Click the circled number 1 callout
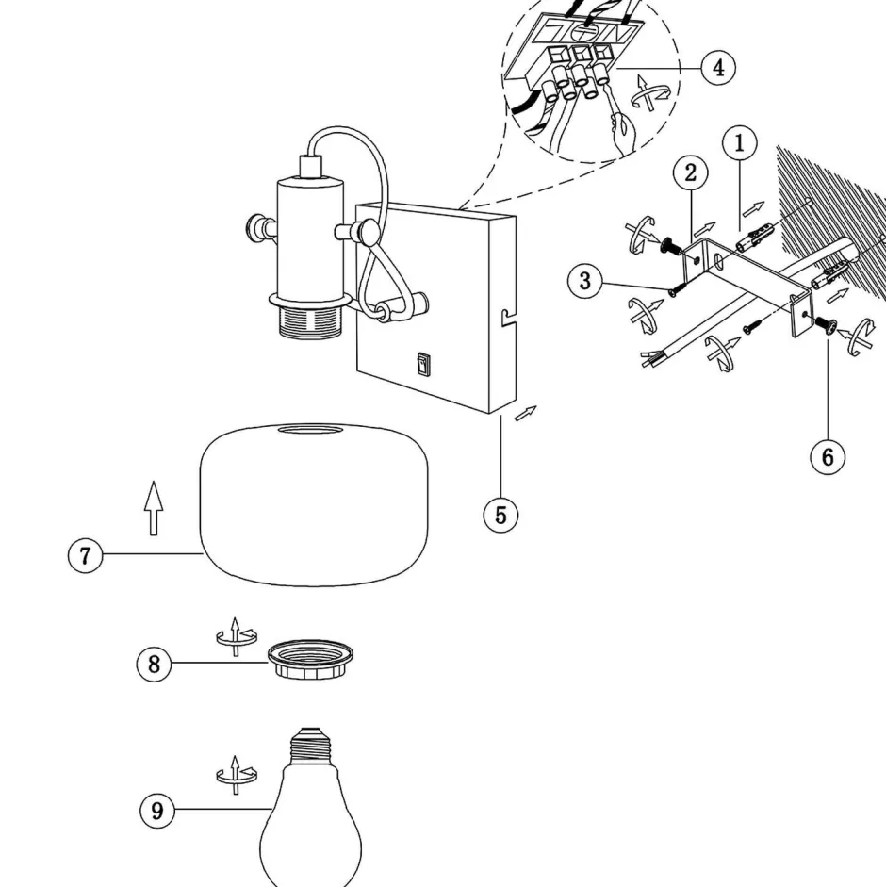[x=740, y=143]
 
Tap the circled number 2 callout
[x=691, y=172]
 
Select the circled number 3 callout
[x=585, y=281]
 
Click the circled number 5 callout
[x=500, y=515]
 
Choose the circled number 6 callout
[x=828, y=456]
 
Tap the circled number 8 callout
[x=155, y=664]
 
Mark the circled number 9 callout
[x=157, y=810]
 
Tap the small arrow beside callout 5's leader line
[x=529, y=412]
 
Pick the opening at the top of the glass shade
[x=313, y=431]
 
